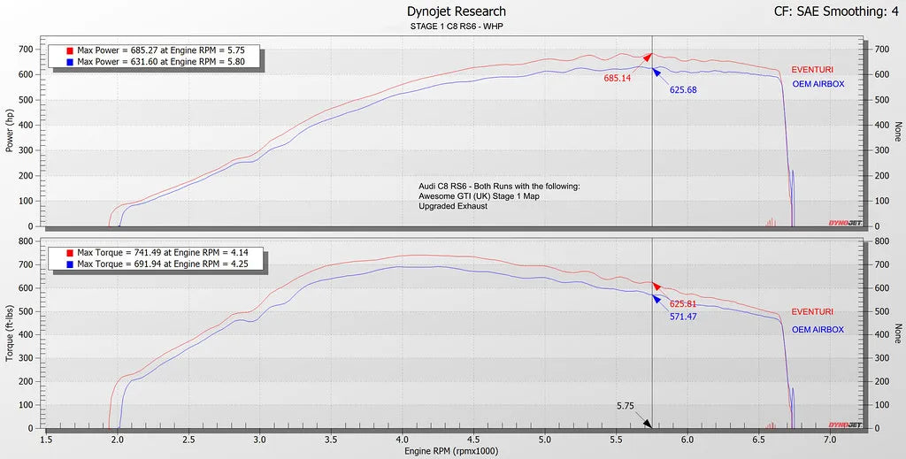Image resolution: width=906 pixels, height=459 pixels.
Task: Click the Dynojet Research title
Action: coord(457,11)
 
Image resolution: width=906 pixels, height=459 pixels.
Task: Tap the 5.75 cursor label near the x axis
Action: coord(626,407)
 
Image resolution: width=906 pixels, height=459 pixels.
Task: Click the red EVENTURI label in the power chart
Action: coord(812,70)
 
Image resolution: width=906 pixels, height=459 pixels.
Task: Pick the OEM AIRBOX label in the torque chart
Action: coord(818,330)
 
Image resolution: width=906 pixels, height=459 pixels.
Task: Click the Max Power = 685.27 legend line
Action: coord(160,50)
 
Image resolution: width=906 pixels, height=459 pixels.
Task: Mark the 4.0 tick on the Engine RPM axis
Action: coord(402,439)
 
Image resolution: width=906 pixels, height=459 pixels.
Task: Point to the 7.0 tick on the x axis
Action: coord(830,439)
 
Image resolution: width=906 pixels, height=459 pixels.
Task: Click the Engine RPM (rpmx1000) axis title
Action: coord(451,451)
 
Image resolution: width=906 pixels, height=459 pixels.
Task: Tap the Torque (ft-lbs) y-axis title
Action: coord(10,333)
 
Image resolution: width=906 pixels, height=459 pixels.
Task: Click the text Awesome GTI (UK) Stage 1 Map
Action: coord(479,196)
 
